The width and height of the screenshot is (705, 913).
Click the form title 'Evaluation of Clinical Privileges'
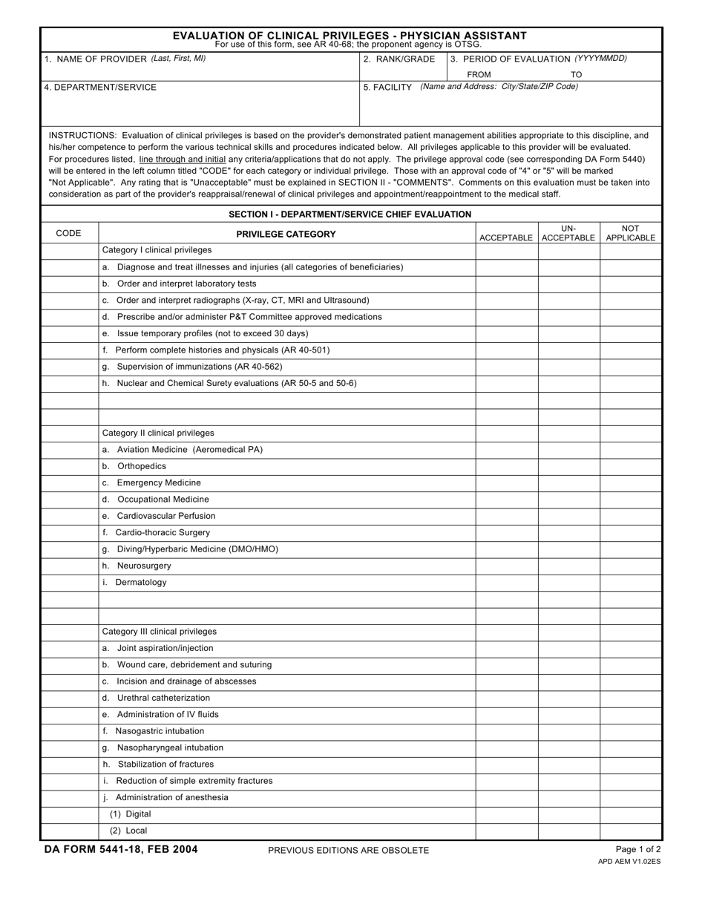coord(350,35)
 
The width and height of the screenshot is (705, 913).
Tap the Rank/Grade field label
coord(399,59)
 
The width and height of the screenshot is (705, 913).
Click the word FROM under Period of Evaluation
coord(479,74)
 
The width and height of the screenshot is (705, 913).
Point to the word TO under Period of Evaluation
coord(576,74)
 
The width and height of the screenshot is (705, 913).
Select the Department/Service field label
coord(100,87)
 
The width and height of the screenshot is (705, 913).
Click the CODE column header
coord(68,233)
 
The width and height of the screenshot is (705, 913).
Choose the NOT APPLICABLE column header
coord(630,233)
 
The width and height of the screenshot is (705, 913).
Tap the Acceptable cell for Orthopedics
coord(506,466)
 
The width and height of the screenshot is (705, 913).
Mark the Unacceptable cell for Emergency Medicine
coord(568,482)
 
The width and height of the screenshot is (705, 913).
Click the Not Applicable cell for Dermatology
coord(630,582)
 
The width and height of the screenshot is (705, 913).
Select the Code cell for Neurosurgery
coord(69,566)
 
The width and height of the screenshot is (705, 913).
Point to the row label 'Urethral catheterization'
coord(163,698)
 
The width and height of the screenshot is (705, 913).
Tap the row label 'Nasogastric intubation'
coord(160,731)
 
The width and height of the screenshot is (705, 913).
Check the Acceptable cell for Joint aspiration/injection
coord(506,648)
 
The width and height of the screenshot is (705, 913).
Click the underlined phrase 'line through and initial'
coord(182,159)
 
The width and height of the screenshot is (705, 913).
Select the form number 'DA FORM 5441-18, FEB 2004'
coord(121,850)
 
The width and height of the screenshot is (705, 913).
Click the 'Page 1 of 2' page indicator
coord(638,850)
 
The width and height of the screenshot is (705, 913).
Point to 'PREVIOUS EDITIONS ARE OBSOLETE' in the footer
coord(348,851)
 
